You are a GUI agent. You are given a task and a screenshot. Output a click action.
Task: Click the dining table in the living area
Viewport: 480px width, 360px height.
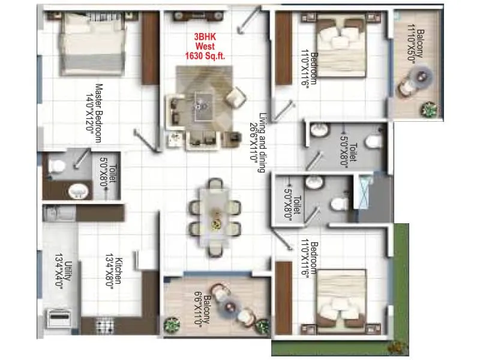tap(214, 214)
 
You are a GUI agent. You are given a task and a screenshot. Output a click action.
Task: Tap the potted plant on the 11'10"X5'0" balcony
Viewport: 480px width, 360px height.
tap(429, 109)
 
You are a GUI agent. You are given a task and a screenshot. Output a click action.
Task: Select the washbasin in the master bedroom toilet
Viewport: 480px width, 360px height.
tap(76, 191)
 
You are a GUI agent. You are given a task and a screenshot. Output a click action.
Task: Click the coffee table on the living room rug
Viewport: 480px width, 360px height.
tap(197, 106)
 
